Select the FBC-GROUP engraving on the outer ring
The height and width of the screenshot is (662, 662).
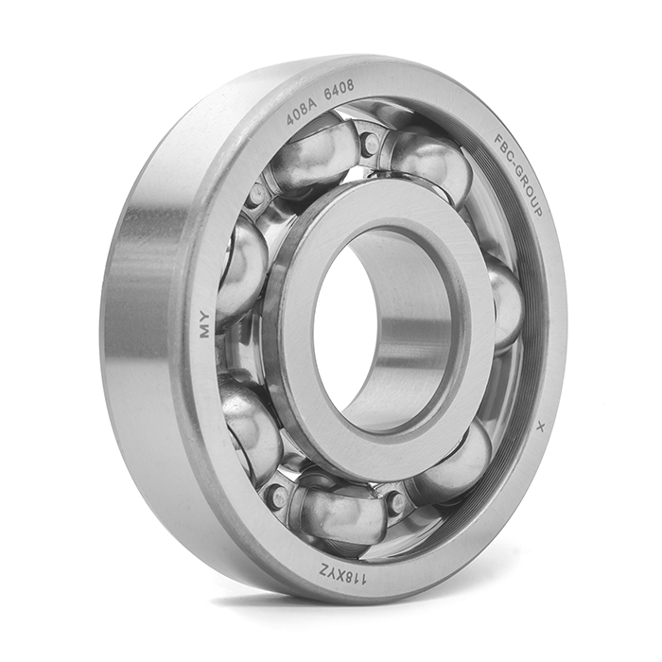pyautogui.click(x=517, y=176)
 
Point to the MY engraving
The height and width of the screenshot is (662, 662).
pyautogui.click(x=205, y=324)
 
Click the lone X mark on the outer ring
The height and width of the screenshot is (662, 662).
pyautogui.click(x=539, y=427)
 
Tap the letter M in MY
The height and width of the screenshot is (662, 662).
pyautogui.click(x=205, y=331)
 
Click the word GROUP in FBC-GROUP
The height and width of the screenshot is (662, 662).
pyautogui.click(x=528, y=193)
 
